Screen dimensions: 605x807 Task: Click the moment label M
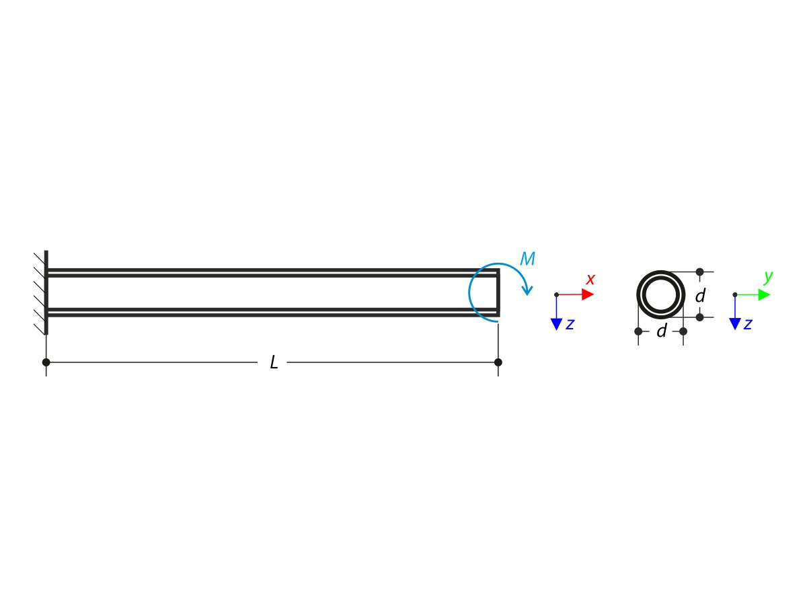click(527, 259)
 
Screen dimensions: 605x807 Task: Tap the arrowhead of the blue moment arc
click(528, 291)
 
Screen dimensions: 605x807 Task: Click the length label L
click(274, 363)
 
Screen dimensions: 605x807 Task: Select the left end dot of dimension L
click(46, 362)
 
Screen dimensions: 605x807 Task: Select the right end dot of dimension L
click(498, 362)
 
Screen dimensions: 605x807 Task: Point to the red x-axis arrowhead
click(588, 294)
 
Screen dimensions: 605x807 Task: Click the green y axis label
click(769, 276)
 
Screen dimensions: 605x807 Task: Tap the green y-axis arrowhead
click(763, 294)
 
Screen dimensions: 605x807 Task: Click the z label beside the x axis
click(570, 324)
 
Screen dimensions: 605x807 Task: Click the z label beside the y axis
click(747, 324)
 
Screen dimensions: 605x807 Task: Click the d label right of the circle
click(700, 296)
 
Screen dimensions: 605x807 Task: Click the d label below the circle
click(661, 331)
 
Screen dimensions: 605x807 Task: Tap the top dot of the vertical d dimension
click(699, 272)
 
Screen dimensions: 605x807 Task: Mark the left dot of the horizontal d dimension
click(638, 331)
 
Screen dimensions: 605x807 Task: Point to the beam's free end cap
click(498, 292)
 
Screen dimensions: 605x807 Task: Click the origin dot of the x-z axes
click(556, 294)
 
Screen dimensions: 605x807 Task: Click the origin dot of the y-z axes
click(734, 294)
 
